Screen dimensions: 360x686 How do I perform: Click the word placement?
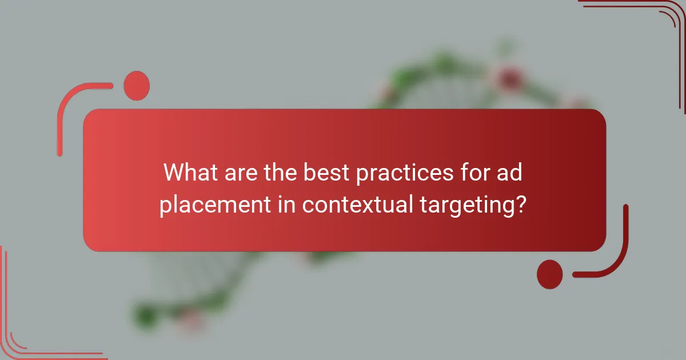(x=208, y=205)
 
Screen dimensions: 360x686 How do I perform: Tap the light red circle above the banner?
(x=136, y=86)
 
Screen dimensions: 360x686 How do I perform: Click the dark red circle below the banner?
(x=550, y=274)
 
